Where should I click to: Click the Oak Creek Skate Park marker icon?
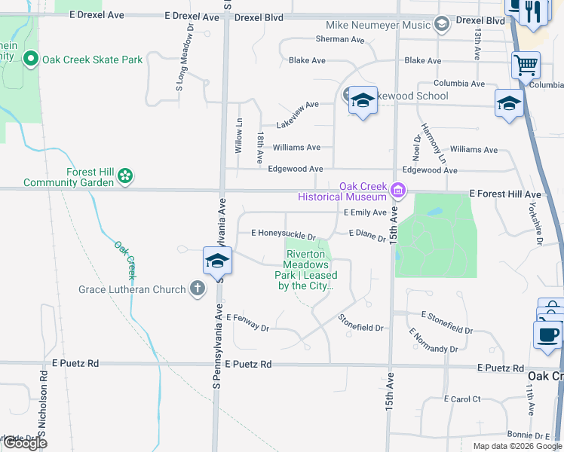[31, 59]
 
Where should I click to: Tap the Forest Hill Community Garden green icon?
[125, 176]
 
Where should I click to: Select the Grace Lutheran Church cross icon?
[197, 288]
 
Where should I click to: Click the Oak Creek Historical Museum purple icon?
[398, 192]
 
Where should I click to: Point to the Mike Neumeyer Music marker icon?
[441, 25]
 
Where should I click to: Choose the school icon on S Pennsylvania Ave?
[217, 261]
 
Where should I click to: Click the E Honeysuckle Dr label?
[283, 234]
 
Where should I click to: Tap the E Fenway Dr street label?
[247, 322]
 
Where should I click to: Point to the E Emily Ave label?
[365, 213]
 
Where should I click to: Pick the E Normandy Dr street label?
[433, 341]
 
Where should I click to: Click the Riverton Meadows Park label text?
[306, 270]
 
